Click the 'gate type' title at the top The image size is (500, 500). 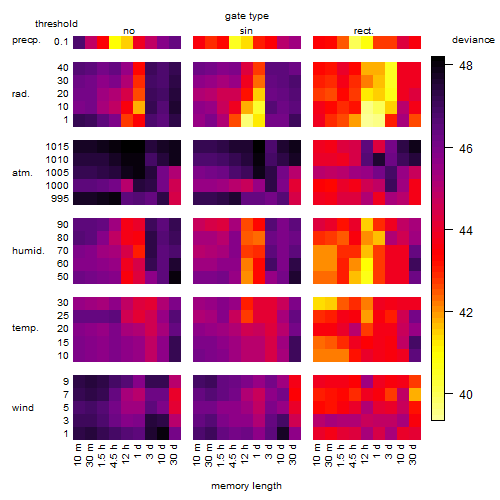coord(247,16)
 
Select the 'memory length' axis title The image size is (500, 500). coord(246,486)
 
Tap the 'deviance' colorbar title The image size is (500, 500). coord(473,40)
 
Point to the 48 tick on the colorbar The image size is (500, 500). coord(466,66)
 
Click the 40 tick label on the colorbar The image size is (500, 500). coord(466,395)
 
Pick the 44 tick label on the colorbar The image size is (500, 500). coord(466,230)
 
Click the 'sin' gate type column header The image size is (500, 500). coord(246,31)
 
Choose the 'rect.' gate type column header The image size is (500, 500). coord(364,31)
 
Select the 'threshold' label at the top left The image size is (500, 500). coord(56,24)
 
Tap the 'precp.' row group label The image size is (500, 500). coord(26,40)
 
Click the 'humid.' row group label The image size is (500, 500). coord(28,251)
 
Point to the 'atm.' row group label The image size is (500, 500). coord(22,173)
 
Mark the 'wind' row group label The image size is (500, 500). coord(23,408)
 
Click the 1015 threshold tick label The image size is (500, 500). coord(57,147)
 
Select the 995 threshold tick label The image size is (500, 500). coord(60,199)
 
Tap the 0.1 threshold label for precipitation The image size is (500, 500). coord(61,42)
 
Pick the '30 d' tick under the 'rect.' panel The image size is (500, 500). coord(413,454)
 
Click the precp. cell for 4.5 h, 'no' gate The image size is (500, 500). coord(115,42)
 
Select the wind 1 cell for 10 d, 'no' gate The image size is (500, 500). coord(163,433)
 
